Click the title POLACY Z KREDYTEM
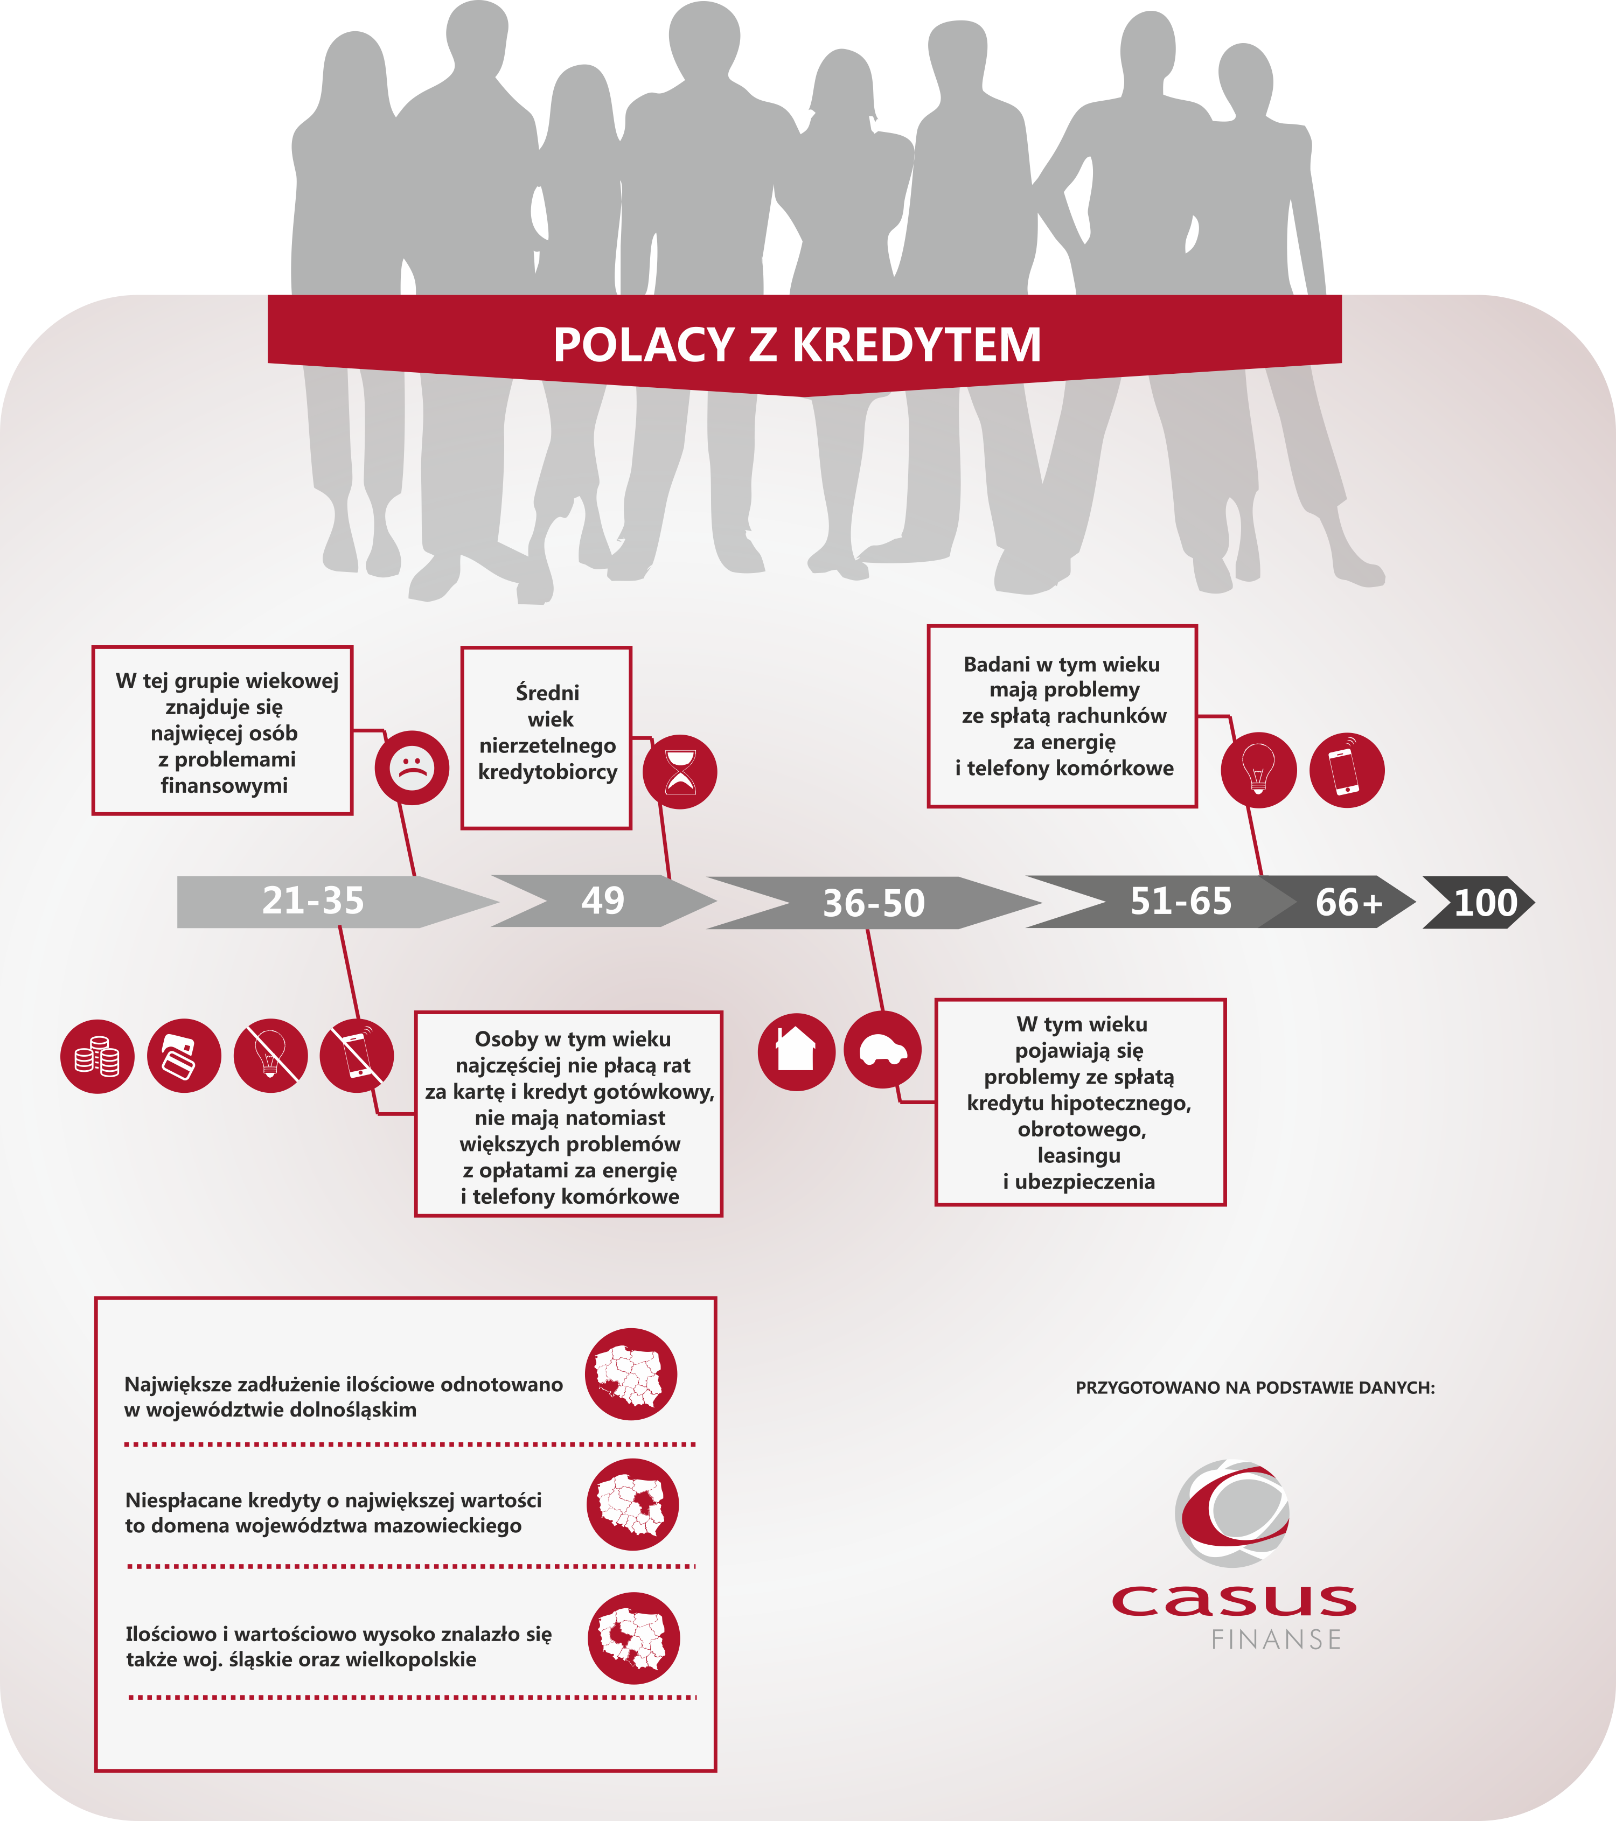point(797,345)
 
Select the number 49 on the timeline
point(603,901)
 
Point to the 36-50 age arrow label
point(874,903)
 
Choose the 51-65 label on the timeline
point(1181,902)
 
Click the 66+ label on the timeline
point(1349,903)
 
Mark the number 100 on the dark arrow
point(1486,903)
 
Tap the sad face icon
point(412,767)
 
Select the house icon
point(797,1051)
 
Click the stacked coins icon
point(97,1057)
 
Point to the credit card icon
point(184,1056)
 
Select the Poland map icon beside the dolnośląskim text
point(631,1374)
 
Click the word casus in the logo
point(1234,1600)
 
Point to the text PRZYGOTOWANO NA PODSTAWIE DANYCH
point(1255,1387)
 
